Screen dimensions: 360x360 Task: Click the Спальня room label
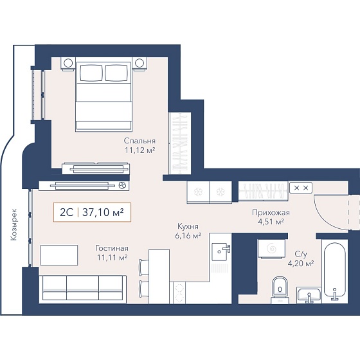click(x=139, y=141)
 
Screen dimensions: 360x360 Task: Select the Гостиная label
click(x=112, y=248)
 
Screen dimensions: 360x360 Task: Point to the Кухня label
click(x=188, y=226)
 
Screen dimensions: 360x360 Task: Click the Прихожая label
click(x=271, y=213)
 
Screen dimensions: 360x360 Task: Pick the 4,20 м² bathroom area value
click(x=301, y=264)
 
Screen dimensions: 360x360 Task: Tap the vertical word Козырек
click(x=14, y=224)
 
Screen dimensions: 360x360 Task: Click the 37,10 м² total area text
click(x=103, y=212)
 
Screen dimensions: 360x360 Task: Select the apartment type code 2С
click(x=67, y=213)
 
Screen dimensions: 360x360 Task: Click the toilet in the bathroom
click(x=280, y=290)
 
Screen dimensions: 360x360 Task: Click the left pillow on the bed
click(x=91, y=73)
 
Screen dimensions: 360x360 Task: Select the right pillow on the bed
click(x=116, y=73)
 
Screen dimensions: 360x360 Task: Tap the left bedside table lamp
click(x=68, y=63)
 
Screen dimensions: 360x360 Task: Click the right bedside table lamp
click(x=139, y=63)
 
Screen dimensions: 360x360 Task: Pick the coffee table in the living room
click(x=59, y=255)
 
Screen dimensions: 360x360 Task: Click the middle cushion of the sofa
click(x=83, y=288)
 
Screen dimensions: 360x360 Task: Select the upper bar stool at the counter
click(x=144, y=267)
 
